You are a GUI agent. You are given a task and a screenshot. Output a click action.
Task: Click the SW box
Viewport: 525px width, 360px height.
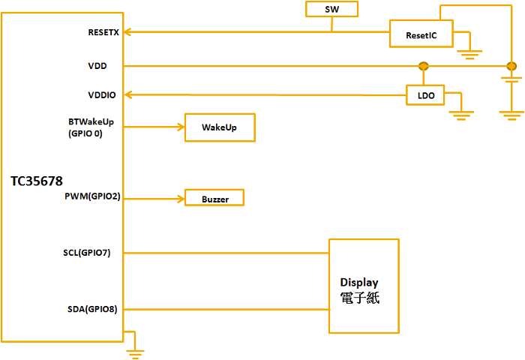click(x=331, y=9)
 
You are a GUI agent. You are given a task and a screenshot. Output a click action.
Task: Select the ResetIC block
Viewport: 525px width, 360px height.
click(x=421, y=34)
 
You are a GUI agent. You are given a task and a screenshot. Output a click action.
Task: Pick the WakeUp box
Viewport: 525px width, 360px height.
click(x=219, y=127)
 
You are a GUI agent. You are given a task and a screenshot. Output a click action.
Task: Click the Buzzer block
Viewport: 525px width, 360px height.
click(x=214, y=199)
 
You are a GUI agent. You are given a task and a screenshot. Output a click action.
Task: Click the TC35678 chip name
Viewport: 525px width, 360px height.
click(x=37, y=181)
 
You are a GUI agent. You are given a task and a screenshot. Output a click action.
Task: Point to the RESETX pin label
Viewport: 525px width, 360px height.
click(x=103, y=33)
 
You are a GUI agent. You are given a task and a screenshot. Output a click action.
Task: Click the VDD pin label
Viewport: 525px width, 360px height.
click(x=97, y=66)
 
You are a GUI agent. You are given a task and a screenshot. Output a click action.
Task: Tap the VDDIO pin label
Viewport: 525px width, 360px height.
click(x=102, y=94)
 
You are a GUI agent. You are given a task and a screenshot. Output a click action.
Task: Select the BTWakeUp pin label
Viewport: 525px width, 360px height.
click(x=96, y=121)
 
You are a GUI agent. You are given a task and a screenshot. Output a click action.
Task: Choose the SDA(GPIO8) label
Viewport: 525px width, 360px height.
click(x=91, y=308)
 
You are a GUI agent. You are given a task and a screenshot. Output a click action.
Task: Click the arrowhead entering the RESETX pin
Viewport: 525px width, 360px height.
click(x=128, y=32)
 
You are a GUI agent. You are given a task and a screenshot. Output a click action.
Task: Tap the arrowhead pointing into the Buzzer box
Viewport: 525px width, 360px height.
click(x=181, y=199)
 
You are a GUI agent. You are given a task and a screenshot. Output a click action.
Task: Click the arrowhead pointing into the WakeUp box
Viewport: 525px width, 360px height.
click(x=181, y=127)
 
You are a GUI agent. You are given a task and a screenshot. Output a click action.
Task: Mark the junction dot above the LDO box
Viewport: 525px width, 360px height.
click(x=423, y=66)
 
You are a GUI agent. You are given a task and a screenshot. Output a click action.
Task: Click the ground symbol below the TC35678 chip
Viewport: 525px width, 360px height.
click(x=135, y=349)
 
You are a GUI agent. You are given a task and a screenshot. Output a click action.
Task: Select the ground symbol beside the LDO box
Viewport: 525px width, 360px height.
click(x=461, y=113)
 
